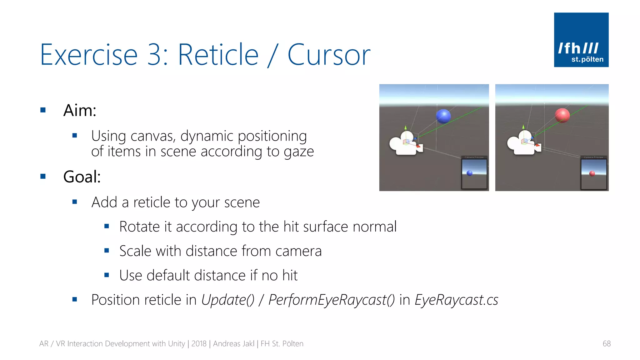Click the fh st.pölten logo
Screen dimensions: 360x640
tap(581, 40)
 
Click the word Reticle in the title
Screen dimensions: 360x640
tap(218, 55)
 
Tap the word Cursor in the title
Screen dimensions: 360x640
tap(329, 55)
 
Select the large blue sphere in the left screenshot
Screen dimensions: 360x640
tap(443, 116)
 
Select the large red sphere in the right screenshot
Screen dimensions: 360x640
tap(562, 115)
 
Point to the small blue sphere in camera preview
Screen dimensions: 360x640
tap(469, 173)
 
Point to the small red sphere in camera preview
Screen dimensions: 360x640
tap(592, 173)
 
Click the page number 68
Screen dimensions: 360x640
tap(606, 344)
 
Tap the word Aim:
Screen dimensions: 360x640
tap(80, 110)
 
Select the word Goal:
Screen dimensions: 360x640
tap(82, 177)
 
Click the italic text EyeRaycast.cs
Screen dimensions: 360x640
tap(456, 300)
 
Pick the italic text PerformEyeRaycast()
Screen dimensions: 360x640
tap(332, 300)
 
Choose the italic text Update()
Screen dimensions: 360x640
tap(228, 300)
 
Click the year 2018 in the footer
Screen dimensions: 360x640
tap(199, 344)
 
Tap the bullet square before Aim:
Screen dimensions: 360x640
tap(43, 110)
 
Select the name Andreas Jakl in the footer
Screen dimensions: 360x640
tap(233, 344)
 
